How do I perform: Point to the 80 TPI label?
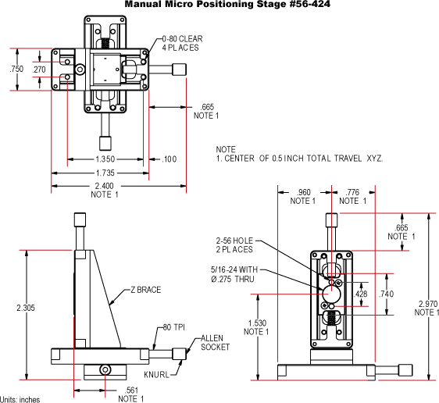173,327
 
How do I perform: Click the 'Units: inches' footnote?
20,398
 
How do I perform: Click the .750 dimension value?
16,70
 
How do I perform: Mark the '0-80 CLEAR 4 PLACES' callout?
180,43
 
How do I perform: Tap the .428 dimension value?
361,294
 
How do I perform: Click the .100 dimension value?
170,159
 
